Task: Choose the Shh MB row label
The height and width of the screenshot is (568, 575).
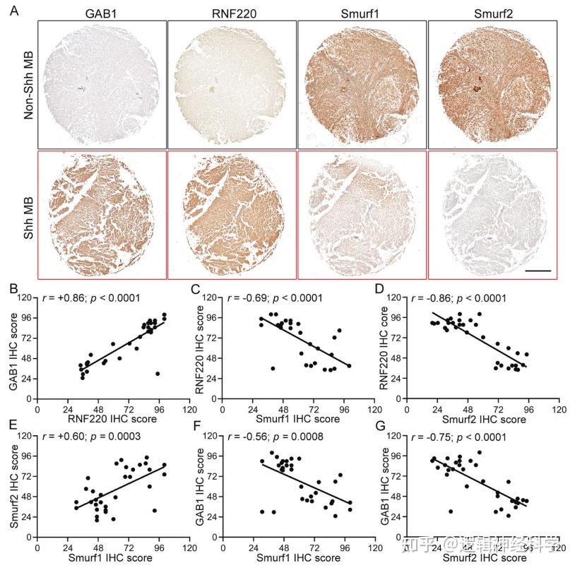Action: (x=29, y=214)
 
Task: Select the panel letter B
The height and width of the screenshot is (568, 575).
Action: (x=13, y=288)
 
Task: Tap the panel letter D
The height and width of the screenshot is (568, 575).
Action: (x=381, y=288)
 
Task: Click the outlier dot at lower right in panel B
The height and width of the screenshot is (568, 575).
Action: (x=158, y=374)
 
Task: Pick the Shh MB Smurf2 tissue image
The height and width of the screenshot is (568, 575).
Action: (x=492, y=214)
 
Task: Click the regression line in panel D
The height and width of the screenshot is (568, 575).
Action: (x=480, y=341)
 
